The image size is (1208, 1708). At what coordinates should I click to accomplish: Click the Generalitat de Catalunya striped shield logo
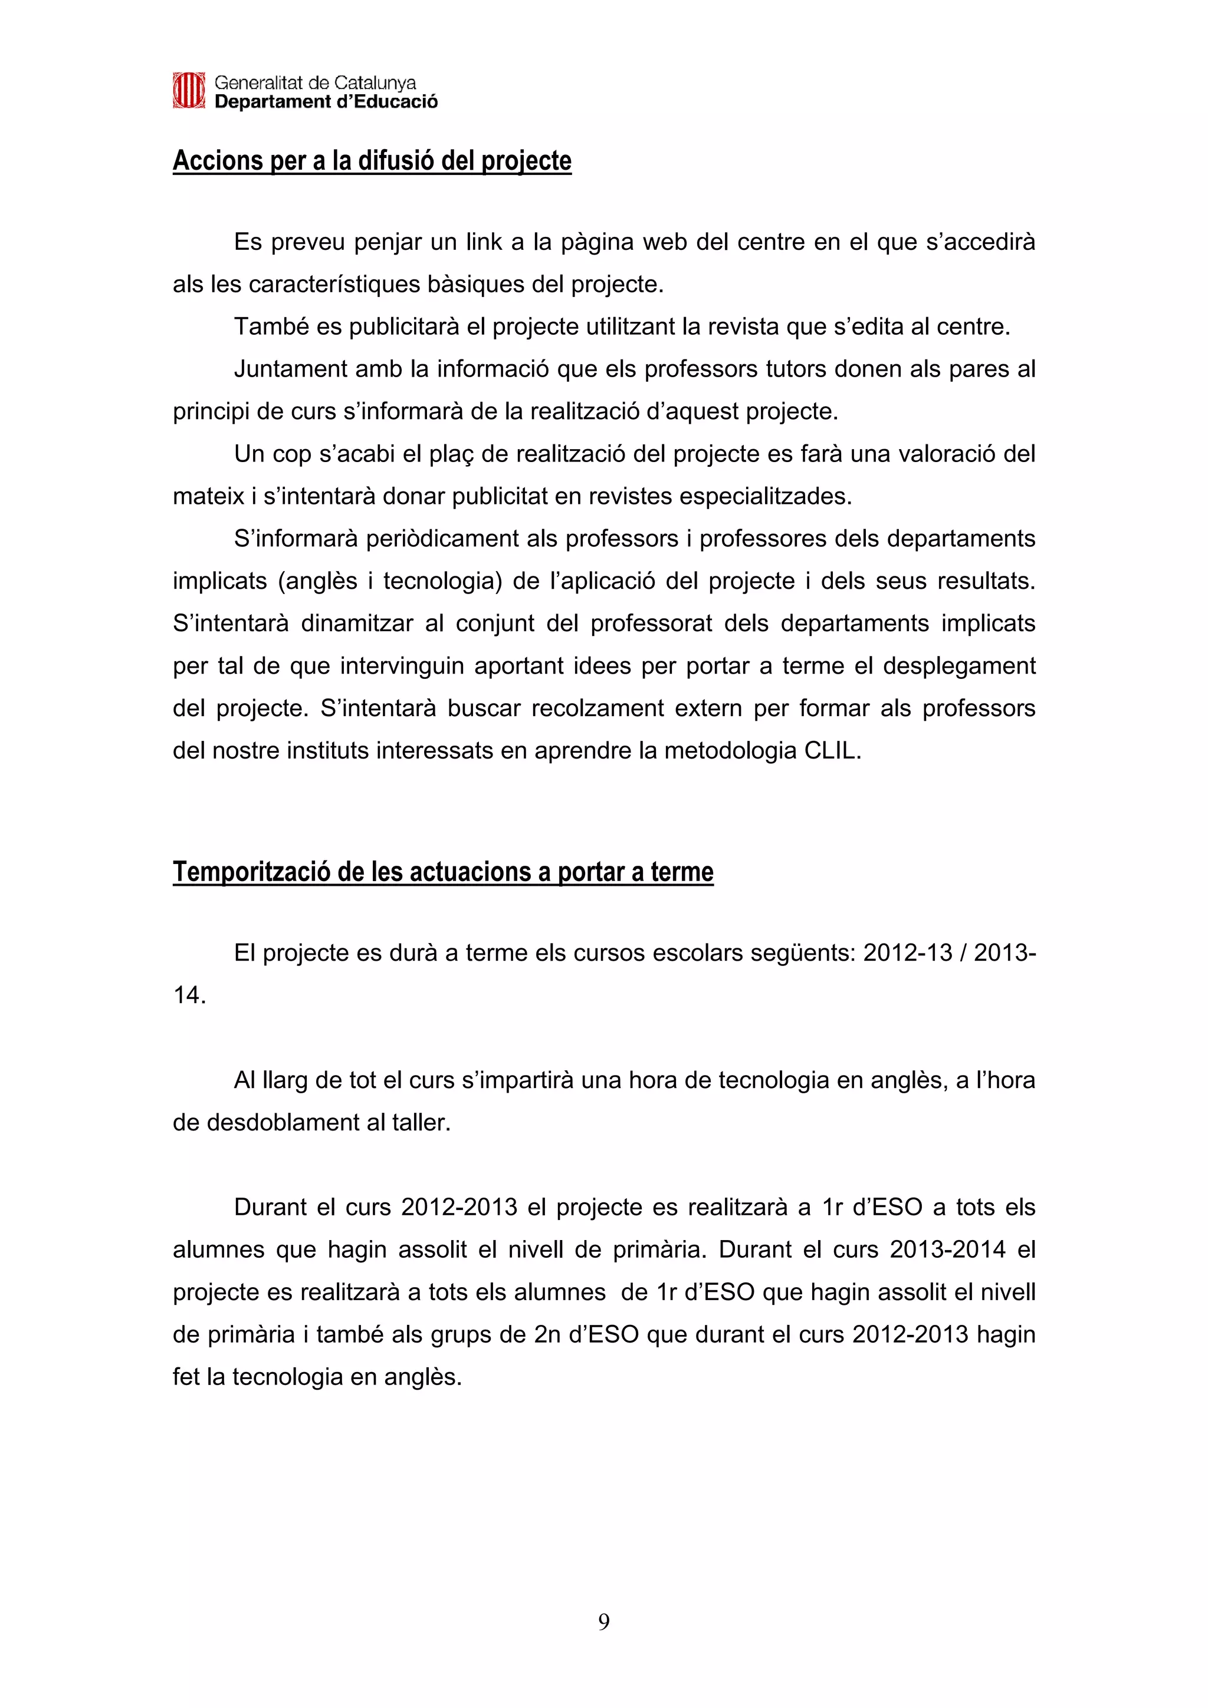coord(188,91)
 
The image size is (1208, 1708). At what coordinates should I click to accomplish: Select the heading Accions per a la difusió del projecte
coord(372,161)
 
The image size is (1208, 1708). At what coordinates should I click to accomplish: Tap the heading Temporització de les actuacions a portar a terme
coord(443,872)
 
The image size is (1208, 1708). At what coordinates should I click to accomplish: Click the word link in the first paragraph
coord(484,242)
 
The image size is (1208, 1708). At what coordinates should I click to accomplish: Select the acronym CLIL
coord(832,751)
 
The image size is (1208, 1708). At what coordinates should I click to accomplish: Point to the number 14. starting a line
coord(189,995)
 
